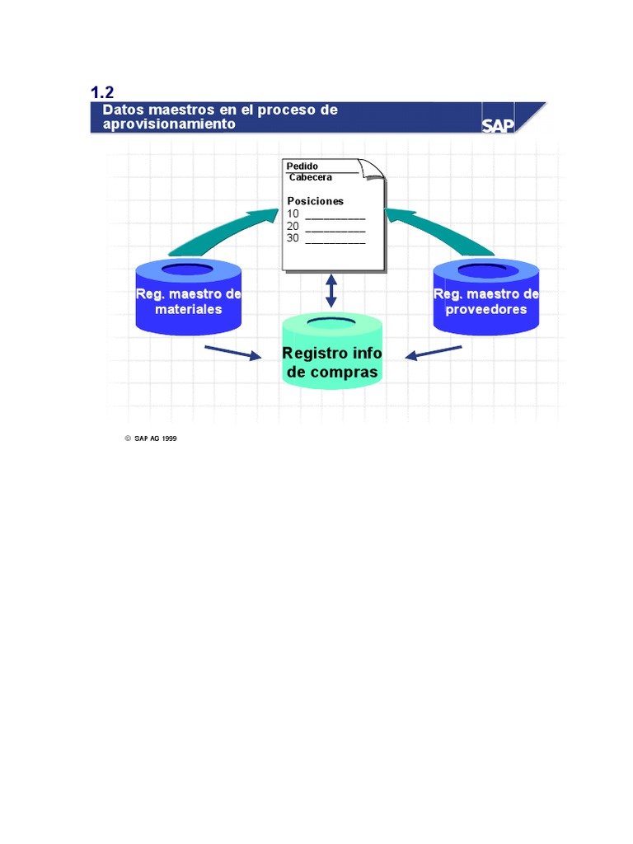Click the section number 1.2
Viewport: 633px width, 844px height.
(x=101, y=92)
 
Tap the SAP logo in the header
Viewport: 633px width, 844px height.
(x=497, y=124)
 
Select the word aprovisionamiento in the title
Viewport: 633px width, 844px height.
(x=168, y=124)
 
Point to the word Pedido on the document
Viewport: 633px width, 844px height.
(x=302, y=166)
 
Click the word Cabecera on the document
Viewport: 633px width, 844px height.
(x=311, y=177)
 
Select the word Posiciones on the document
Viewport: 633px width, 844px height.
(x=315, y=201)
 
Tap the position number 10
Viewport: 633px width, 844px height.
(x=293, y=214)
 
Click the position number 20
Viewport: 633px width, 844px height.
(x=293, y=226)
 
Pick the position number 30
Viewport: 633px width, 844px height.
(x=293, y=237)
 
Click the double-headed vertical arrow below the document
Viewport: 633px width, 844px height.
(x=331, y=291)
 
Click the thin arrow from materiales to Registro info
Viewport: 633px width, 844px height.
(x=231, y=352)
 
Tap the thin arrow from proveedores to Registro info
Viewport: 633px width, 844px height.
(x=434, y=353)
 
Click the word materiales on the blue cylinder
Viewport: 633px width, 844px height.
(x=189, y=310)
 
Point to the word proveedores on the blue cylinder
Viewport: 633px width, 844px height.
(x=486, y=310)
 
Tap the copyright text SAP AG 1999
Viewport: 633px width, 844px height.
(x=157, y=438)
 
